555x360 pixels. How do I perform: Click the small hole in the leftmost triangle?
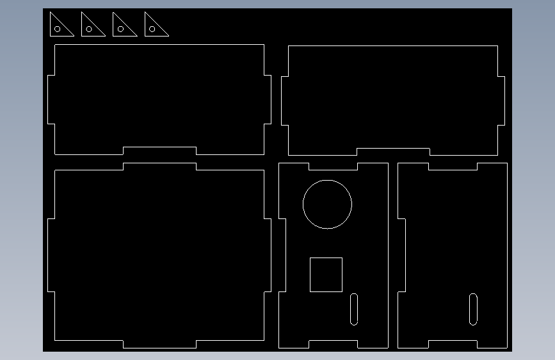[57, 29]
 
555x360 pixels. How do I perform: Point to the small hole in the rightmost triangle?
[152, 29]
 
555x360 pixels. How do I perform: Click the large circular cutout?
[327, 204]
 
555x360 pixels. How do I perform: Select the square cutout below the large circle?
[326, 275]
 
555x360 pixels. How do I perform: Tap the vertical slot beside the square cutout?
[354, 309]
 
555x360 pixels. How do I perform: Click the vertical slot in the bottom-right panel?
[473, 309]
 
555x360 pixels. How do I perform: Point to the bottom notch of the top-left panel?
[159, 151]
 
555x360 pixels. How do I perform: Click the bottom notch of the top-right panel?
[393, 152]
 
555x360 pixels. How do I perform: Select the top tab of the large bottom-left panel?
[159, 167]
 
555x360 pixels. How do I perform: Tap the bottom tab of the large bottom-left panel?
[159, 344]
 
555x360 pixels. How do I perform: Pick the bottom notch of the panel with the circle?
[333, 345]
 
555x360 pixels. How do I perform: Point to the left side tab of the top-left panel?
[51, 99]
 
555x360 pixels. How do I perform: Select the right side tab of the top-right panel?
[501, 101]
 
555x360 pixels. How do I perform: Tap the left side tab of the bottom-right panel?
[401, 255]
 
